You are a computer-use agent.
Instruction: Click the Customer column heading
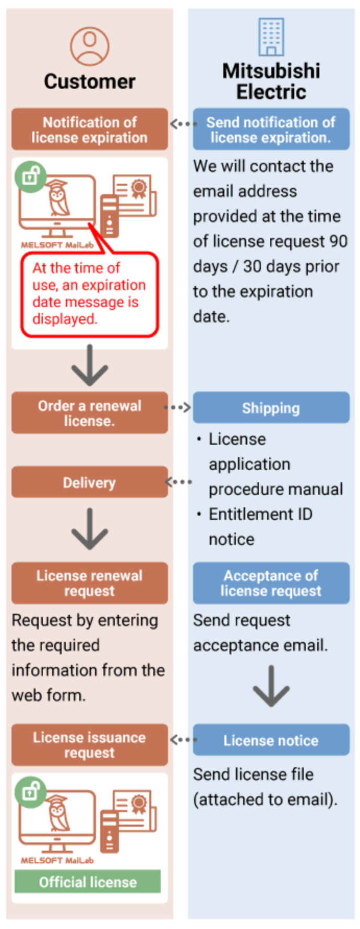tap(89, 81)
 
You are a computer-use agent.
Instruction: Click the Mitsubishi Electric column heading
tap(271, 81)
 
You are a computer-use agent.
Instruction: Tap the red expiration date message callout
tap(89, 294)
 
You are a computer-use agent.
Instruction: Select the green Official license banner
tap(88, 882)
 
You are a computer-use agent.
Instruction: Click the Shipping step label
tap(271, 408)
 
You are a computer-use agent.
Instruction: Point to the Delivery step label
tap(89, 483)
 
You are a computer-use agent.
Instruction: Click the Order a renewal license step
tap(89, 413)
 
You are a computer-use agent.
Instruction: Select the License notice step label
tap(271, 741)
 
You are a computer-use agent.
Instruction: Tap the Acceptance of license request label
tap(271, 583)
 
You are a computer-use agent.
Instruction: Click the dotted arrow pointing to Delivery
tap(178, 482)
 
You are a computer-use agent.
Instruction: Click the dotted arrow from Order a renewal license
tap(178, 407)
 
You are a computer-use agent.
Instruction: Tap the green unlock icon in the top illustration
tap(30, 176)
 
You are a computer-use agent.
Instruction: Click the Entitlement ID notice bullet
tap(260, 527)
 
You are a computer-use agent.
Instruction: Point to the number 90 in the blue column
tap(338, 241)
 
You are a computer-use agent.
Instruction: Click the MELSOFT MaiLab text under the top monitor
tap(57, 245)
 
